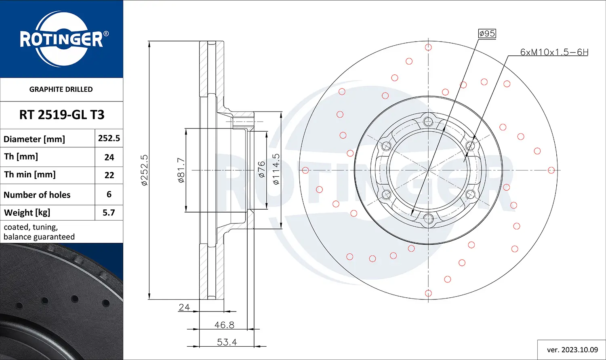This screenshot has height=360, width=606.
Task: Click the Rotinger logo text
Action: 61,40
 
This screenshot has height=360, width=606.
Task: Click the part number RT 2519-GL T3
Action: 61,115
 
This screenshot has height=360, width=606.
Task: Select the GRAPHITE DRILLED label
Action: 61,89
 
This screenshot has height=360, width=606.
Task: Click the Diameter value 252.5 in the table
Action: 109,138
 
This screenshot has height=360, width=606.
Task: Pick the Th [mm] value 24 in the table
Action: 109,157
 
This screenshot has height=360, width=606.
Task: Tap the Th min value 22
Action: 109,175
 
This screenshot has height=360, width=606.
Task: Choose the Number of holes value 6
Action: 109,194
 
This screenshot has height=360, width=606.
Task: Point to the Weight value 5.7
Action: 109,213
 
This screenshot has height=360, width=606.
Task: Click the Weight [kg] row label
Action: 27,213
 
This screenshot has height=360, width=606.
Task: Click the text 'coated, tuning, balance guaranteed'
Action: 39,232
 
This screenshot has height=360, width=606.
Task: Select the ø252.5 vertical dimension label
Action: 144,170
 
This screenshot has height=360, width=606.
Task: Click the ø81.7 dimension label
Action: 181,170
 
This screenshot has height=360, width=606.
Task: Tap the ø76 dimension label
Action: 261,169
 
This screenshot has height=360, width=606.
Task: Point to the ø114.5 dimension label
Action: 276,169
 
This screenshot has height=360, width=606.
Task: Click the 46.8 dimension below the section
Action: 224,325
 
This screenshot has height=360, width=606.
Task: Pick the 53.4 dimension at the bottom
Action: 227,342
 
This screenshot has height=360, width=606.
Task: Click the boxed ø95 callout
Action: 487,34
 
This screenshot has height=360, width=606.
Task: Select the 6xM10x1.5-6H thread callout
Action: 554,52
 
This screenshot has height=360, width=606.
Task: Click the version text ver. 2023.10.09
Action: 572,349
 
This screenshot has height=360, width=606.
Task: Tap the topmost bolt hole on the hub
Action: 428,120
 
